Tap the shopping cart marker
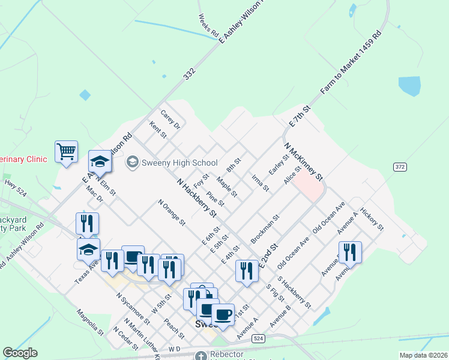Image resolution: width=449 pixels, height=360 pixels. point(66,151)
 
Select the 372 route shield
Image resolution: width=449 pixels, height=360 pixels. point(400,166)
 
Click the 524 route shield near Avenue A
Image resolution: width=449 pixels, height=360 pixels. point(258,338)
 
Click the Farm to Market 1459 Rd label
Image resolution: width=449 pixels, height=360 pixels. point(351,62)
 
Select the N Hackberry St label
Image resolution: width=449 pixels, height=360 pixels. point(196,199)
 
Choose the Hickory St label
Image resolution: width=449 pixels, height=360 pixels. point(372,220)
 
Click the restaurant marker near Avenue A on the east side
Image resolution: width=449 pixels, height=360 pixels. point(349,252)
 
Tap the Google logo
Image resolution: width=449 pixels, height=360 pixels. point(20,353)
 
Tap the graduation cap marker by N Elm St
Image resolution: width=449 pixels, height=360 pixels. point(100,161)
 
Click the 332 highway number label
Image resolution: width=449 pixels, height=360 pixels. point(190,73)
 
